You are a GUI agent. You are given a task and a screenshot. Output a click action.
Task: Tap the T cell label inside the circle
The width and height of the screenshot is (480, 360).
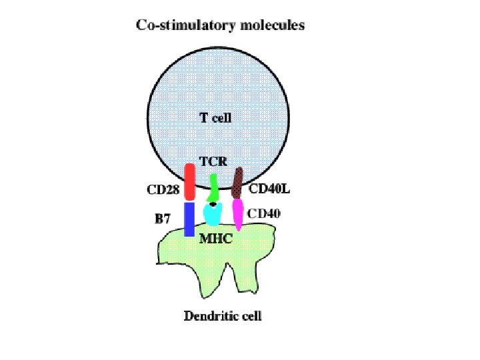pos(215,119)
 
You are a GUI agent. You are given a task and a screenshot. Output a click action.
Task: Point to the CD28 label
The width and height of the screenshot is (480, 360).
pos(163,189)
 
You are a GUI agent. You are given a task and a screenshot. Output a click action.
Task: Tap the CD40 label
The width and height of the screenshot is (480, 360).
pos(265,214)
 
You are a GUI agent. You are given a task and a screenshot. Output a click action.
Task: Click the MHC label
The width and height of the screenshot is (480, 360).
pos(216,239)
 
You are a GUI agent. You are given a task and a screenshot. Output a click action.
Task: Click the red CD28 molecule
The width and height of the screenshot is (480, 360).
pos(189,182)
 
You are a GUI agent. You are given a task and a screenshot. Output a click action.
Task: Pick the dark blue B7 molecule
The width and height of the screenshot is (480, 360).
pos(189,219)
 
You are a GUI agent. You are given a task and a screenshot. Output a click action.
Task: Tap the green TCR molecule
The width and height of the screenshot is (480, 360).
pos(213,188)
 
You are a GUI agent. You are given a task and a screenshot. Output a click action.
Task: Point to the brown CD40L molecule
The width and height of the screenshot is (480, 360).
pos(237,183)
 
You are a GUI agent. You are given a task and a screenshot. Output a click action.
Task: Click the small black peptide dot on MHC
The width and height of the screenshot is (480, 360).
pos(213,204)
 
